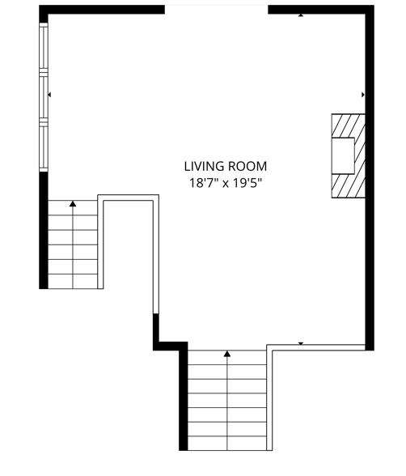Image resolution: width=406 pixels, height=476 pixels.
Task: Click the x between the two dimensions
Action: pos(226,184)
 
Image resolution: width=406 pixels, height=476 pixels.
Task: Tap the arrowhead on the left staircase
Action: pos(73,204)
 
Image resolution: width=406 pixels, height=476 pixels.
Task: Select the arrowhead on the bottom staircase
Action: pos(227,354)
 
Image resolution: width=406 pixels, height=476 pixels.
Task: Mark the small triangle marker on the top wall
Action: pos(301,15)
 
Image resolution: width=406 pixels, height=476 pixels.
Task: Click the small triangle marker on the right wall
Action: pos(362,95)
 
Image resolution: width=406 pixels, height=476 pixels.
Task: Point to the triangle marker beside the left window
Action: pos(50,95)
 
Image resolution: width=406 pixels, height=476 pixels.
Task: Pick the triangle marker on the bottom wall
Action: pos(301,344)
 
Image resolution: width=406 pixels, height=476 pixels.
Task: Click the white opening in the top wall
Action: pos(216,9)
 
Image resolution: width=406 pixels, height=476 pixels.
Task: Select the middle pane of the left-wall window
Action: pos(44,96)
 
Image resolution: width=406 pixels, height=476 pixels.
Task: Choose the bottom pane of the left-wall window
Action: pos(44,147)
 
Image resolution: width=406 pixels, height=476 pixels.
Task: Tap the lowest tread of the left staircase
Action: pos(73,280)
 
